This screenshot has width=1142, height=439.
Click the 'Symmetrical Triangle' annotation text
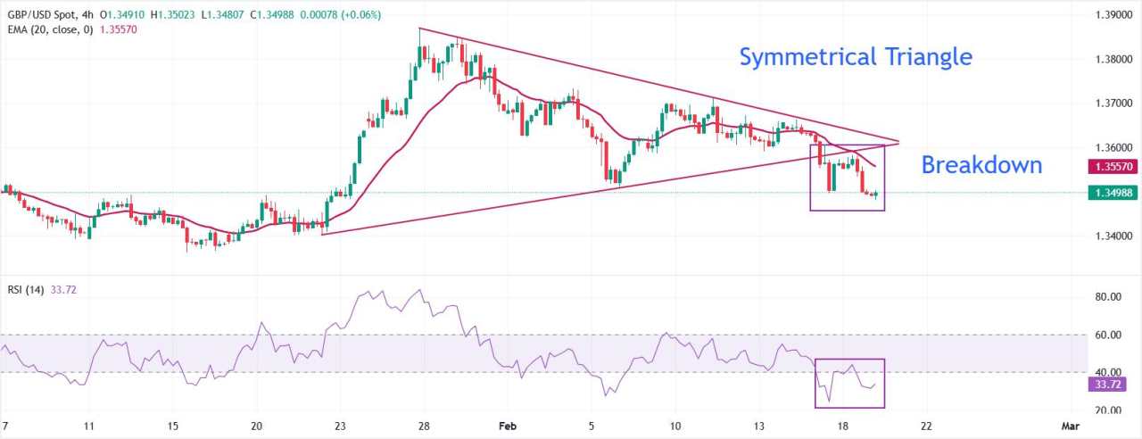click(856, 57)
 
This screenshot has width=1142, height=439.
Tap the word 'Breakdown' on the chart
click(981, 165)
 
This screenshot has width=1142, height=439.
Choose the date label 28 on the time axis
click(426, 427)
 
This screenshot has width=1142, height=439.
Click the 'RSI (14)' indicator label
click(28, 289)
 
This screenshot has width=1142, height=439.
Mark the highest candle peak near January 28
click(420, 29)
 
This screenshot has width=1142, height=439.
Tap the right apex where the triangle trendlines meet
click(899, 142)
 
